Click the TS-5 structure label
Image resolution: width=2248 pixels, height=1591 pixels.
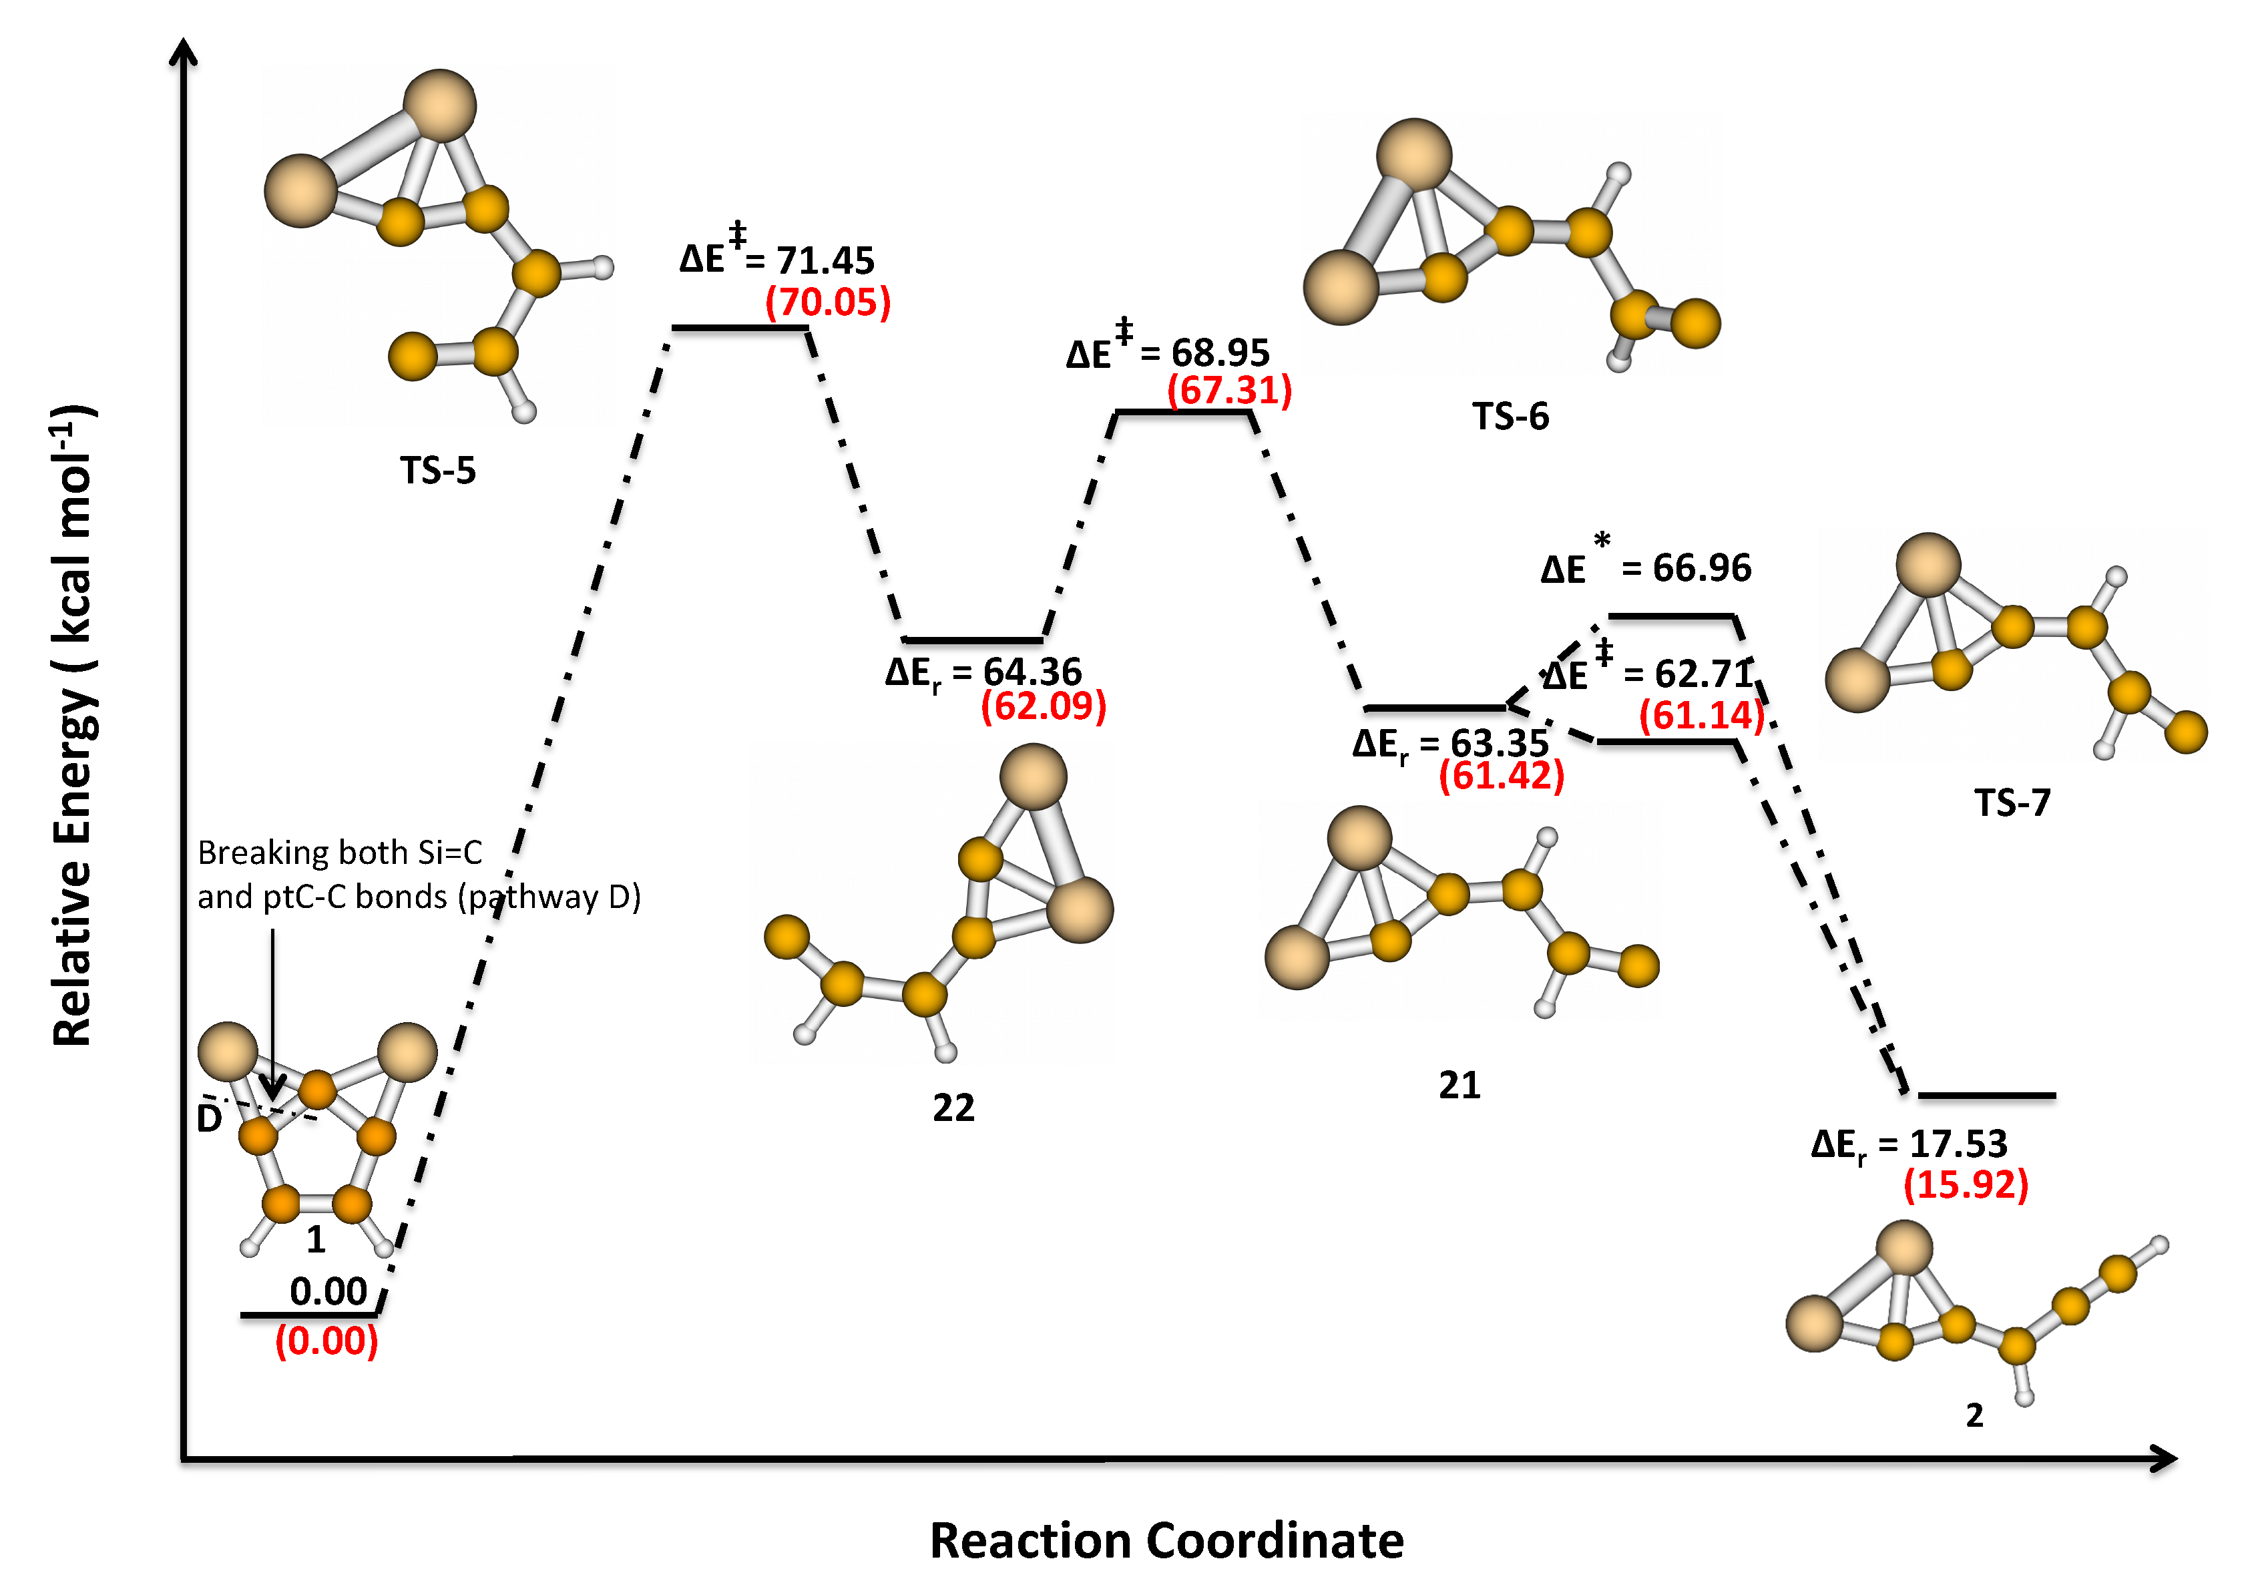pos(438,471)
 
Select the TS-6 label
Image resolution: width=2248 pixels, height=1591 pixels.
pos(1510,417)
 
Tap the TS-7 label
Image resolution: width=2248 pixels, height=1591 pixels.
pos(2011,803)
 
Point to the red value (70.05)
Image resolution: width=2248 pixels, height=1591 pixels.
pos(828,302)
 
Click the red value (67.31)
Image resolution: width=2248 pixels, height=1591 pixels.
pos(1228,391)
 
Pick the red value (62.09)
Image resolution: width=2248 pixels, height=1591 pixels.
pos(1043,706)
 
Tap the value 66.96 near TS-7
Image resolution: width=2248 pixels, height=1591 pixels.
pos(1701,568)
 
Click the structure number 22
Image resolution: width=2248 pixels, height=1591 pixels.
pos(953,1108)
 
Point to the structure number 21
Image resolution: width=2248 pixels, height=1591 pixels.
pos(1459,1084)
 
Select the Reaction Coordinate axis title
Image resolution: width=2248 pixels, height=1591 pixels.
pos(1166,1540)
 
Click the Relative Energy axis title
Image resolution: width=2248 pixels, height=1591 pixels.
pos(73,725)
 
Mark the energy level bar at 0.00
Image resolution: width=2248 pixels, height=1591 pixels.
pos(308,1315)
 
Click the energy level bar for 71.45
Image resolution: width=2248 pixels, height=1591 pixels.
pos(740,327)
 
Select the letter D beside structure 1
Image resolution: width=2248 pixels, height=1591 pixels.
pos(208,1119)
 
